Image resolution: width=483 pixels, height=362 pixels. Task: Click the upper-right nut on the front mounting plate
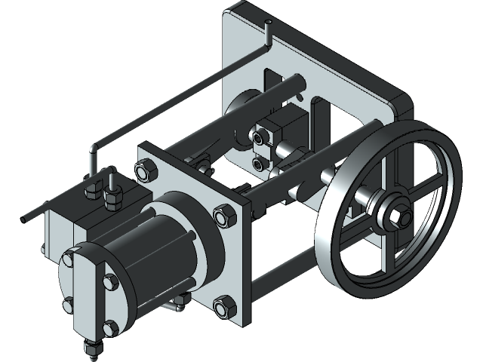click(x=224, y=217)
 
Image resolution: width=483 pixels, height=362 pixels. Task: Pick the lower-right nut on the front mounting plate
click(x=223, y=306)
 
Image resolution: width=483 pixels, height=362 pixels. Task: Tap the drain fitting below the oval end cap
click(x=91, y=349)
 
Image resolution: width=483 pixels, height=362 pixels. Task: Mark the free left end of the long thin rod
click(x=25, y=218)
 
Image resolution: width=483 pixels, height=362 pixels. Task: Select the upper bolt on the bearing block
click(x=259, y=139)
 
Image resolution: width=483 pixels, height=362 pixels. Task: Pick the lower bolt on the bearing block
click(x=259, y=163)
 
